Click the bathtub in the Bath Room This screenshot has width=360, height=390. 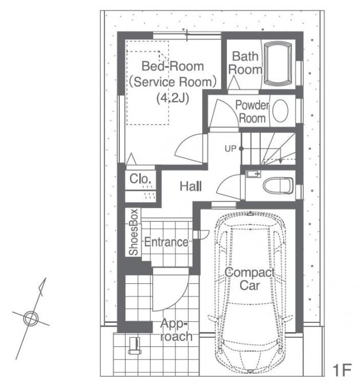point(277,64)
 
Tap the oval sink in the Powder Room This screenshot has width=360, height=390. point(280,111)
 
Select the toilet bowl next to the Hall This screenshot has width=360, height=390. point(278,185)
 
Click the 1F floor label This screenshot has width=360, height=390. point(342,370)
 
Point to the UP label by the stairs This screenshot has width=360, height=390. point(230,149)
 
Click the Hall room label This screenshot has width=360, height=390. point(191,186)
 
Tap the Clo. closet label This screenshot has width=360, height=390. point(140,178)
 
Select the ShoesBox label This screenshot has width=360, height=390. point(134,232)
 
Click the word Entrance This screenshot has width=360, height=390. point(166,242)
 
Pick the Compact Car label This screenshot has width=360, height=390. point(249,279)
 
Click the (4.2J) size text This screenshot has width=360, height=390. point(173,98)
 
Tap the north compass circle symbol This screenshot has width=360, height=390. point(31,318)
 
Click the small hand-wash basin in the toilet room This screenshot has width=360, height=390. point(253,174)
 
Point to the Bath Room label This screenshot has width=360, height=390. point(245,63)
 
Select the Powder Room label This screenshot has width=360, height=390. point(252,112)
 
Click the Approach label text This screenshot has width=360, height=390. point(176,330)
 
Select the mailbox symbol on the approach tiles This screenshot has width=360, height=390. point(135,346)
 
